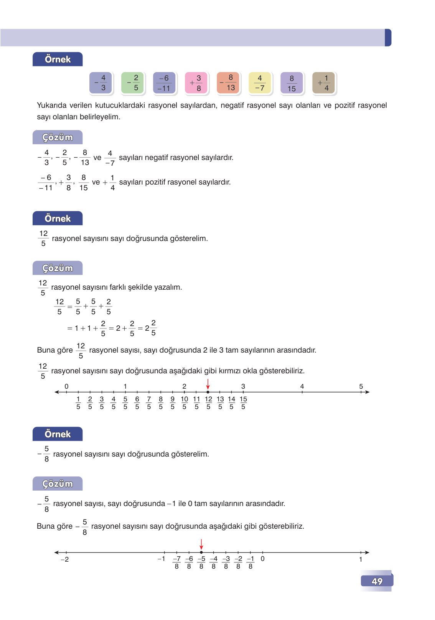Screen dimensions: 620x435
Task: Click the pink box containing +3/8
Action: click(196, 83)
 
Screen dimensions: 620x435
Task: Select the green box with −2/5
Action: click(132, 83)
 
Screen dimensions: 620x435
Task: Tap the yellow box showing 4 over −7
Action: click(260, 83)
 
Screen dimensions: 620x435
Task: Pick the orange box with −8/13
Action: click(228, 83)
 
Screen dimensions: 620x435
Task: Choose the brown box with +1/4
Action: click(323, 83)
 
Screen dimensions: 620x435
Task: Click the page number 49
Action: click(377, 581)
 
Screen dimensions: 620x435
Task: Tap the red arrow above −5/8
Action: click(201, 544)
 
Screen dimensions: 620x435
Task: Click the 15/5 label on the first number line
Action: click(243, 403)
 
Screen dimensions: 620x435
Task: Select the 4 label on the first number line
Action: click(302, 386)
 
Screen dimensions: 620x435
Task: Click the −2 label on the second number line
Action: click(65, 559)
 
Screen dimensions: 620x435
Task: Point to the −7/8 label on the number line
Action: click(176, 562)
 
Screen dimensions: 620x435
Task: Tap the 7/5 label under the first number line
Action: click(149, 403)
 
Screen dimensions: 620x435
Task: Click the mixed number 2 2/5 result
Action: click(150, 328)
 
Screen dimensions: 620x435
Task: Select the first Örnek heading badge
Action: click(58, 59)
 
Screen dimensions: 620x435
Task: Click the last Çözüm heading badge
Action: click(58, 484)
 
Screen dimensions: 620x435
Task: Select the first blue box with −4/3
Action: click(101, 83)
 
